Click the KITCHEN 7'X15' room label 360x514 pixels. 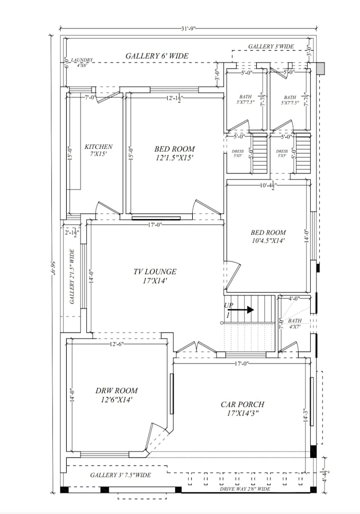point(98,150)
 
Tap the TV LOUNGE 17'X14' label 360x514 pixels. point(155,276)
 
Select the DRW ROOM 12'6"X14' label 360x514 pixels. point(117,395)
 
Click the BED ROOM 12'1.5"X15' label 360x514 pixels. point(174,153)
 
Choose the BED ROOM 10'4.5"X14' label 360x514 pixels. point(268,236)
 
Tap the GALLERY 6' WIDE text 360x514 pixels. point(157,56)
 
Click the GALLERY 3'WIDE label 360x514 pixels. point(271,47)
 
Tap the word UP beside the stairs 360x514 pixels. point(229,305)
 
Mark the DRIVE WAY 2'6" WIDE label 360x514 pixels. point(245,489)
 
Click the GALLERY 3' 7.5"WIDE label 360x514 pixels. point(120,475)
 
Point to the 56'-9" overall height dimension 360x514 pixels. point(52,273)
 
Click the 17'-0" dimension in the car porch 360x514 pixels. point(242,363)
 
